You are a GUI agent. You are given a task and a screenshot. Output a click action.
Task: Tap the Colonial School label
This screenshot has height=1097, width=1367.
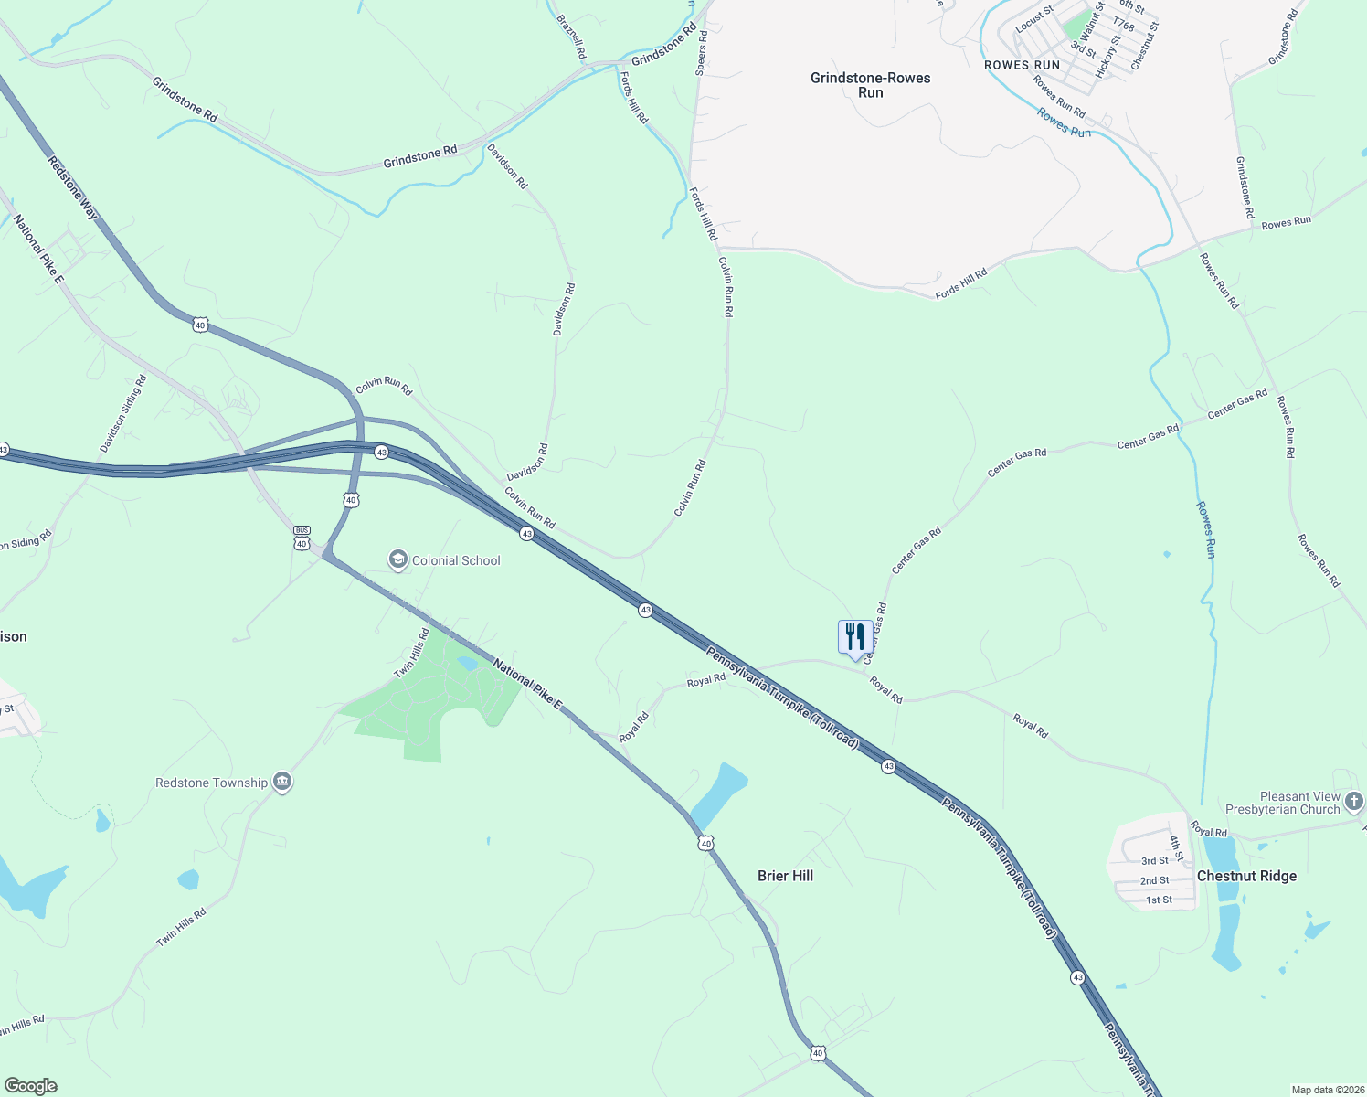[456, 560]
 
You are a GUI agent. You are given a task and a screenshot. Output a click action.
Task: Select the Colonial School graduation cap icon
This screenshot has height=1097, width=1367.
[397, 559]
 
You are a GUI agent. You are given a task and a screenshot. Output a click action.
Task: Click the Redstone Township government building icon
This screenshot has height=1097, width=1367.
[282, 783]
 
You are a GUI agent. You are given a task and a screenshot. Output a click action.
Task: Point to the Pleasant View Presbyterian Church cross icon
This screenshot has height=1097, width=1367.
[1354, 803]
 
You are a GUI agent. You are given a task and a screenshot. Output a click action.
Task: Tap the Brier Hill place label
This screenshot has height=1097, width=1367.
[785, 876]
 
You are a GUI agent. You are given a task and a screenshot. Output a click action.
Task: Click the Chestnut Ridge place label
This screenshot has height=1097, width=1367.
[1246, 876]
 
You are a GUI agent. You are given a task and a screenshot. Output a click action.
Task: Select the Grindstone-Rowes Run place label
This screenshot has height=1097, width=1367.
[870, 85]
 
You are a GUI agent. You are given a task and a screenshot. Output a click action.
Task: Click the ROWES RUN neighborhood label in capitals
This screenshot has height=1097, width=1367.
[1022, 65]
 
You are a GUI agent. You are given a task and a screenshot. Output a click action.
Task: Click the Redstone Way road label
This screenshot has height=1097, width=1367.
[73, 186]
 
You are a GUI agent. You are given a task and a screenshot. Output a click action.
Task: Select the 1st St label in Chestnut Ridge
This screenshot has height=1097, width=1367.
[1159, 900]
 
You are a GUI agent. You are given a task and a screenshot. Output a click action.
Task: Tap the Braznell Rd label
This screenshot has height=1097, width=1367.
[571, 37]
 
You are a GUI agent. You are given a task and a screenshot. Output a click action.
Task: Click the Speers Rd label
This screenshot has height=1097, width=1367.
[702, 52]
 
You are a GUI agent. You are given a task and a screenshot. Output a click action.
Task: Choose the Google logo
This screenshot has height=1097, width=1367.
[30, 1085]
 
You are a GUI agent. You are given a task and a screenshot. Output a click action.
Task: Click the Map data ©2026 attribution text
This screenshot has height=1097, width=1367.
[1327, 1090]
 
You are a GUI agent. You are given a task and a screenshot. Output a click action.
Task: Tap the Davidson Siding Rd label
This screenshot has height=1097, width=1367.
[123, 414]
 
